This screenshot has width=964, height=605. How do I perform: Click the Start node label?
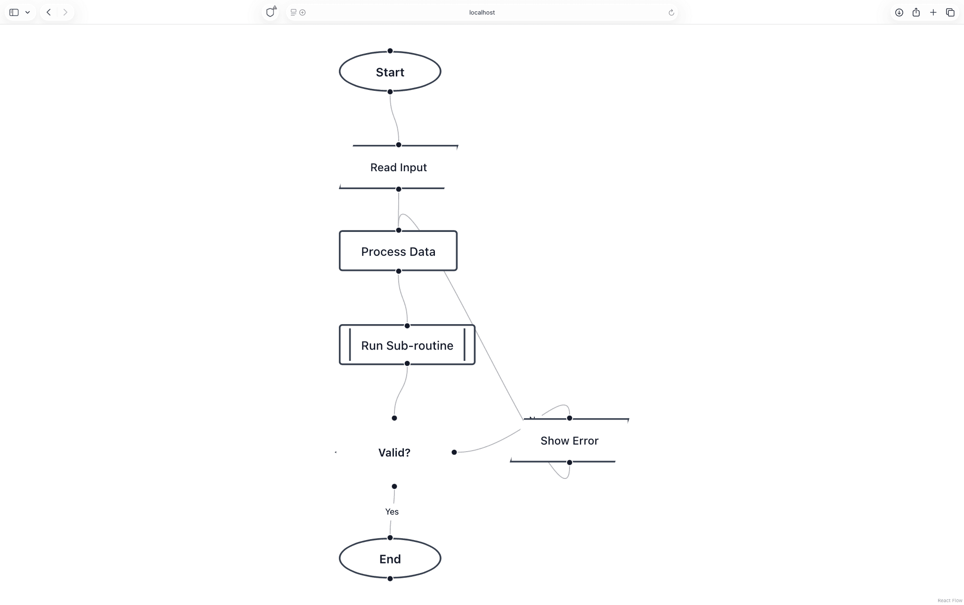390,72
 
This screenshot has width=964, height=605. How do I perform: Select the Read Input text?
398,167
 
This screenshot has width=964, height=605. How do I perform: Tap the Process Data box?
398,252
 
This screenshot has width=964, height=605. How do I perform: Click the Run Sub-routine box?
407,345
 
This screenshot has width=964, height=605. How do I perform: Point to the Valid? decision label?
394,453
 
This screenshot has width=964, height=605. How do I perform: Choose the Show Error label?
569,441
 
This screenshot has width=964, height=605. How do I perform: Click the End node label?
390,559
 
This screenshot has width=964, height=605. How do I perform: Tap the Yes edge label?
392,512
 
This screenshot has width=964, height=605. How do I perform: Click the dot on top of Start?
390,51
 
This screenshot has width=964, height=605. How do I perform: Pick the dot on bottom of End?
390,579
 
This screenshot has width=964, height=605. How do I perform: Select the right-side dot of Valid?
454,452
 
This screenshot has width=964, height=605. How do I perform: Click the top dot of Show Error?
569,418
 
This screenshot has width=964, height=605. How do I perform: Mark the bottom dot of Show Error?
569,462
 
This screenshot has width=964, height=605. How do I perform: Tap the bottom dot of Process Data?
398,271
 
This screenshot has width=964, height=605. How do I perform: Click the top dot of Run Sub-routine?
407,326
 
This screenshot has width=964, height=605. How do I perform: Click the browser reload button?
671,13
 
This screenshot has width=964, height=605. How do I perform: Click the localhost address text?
482,13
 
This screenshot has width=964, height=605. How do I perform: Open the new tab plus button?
933,13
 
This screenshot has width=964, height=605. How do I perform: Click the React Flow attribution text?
949,600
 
